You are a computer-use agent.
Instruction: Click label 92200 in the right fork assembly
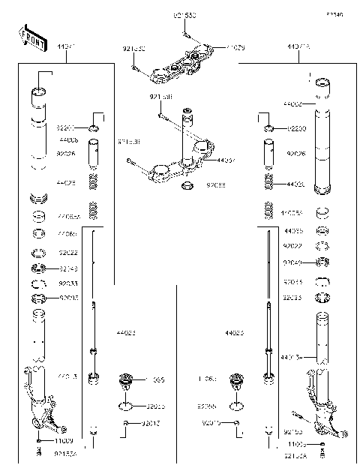298,129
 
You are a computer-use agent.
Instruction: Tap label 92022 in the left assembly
67,253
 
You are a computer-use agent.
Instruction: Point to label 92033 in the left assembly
67,283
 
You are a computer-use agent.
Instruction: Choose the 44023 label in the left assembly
126,331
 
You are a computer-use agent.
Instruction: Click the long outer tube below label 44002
323,150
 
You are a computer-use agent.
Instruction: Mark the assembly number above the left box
67,47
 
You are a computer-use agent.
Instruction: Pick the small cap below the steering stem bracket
188,184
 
